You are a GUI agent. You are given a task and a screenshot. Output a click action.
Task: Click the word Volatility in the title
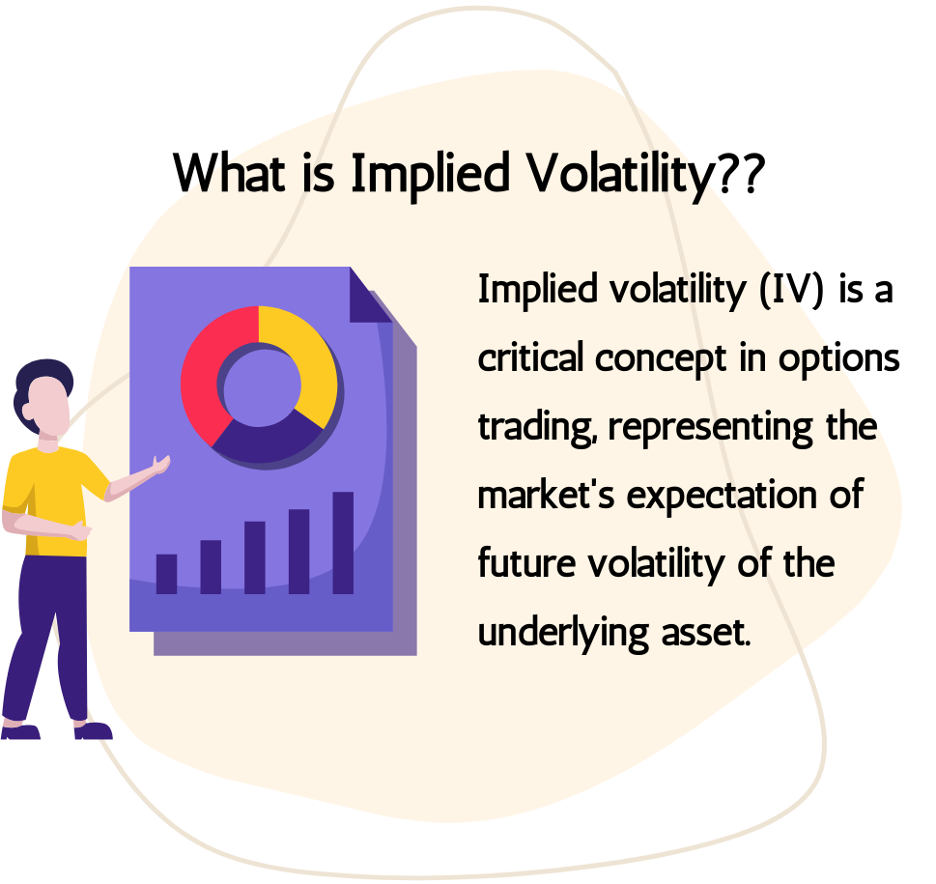(620, 174)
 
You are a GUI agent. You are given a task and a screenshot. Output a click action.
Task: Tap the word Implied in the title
(430, 174)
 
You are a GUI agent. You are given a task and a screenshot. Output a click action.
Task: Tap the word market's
(546, 495)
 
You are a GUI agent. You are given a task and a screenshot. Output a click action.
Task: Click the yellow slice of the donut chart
(307, 358)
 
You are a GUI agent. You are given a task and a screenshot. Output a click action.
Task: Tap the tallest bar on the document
(343, 543)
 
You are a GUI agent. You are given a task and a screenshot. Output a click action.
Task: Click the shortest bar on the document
(166, 574)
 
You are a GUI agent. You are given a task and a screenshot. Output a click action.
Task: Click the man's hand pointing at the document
(160, 465)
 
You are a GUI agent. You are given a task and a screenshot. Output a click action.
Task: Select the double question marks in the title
(741, 172)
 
